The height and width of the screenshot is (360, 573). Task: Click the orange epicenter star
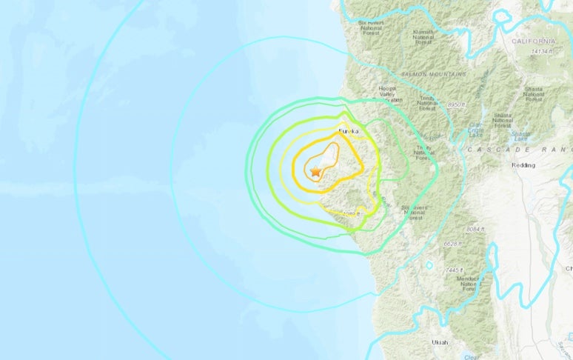point(316,171)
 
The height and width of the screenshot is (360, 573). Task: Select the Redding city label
point(524,165)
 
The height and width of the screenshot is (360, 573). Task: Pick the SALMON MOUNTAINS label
point(434,74)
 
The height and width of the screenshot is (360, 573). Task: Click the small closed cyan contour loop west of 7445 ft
point(429,264)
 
